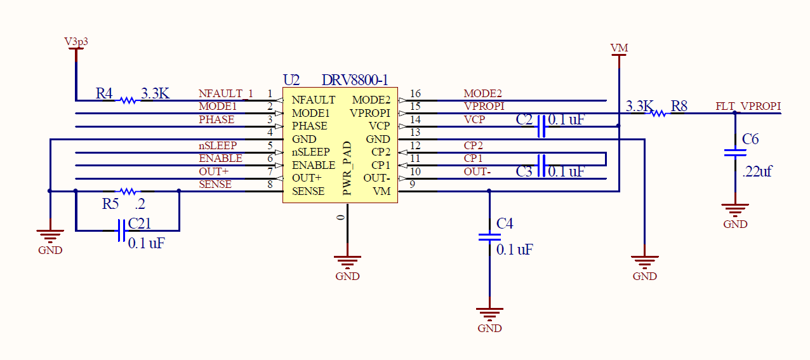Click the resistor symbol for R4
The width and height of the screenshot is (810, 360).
[x=128, y=100]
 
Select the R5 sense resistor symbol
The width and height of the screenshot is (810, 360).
[x=128, y=190]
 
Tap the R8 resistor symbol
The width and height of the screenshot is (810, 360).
[x=658, y=113]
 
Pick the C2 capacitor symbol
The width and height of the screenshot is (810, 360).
[x=541, y=126]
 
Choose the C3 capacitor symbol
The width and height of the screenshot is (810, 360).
[x=541, y=165]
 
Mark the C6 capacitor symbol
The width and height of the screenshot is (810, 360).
[x=735, y=152]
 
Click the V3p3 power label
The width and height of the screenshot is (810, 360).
[x=76, y=41]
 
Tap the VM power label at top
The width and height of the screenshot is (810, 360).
[x=619, y=48]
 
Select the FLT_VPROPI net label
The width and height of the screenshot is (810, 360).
[x=748, y=106]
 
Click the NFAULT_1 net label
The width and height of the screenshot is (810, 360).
[x=225, y=93]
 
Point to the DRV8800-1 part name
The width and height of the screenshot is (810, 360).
[x=354, y=81]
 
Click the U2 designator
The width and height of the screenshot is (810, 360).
[x=291, y=81]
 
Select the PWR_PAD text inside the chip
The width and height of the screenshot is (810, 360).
[x=347, y=168]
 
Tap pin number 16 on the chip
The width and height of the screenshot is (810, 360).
[x=415, y=94]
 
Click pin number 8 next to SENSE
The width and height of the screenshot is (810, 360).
[x=270, y=185]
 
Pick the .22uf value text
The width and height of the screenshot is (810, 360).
[x=757, y=171]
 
